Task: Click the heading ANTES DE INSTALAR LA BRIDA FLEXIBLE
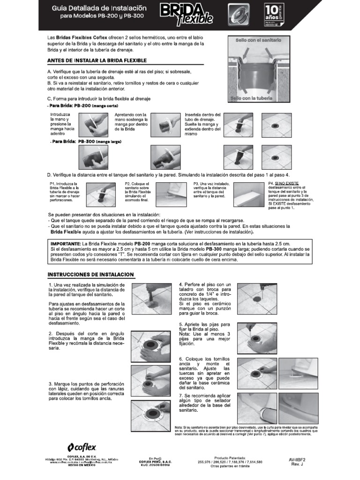(x=97, y=60)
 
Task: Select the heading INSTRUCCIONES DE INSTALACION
(x=91, y=274)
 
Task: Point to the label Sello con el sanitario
(x=258, y=41)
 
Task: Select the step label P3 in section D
(x=196, y=184)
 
